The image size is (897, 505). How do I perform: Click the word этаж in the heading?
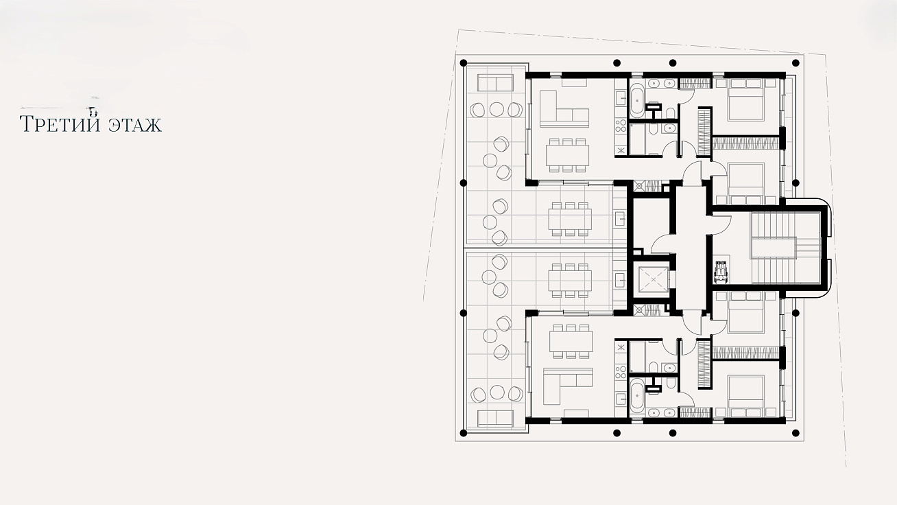click(135, 125)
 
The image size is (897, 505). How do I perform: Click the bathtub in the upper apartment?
click(636, 102)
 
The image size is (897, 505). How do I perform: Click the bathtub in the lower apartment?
click(636, 394)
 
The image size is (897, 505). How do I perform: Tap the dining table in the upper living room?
click(567, 155)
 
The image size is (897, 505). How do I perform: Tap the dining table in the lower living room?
click(571, 342)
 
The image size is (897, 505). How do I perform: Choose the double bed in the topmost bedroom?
click(745, 99)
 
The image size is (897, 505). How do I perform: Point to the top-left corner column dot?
click(464, 63)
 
